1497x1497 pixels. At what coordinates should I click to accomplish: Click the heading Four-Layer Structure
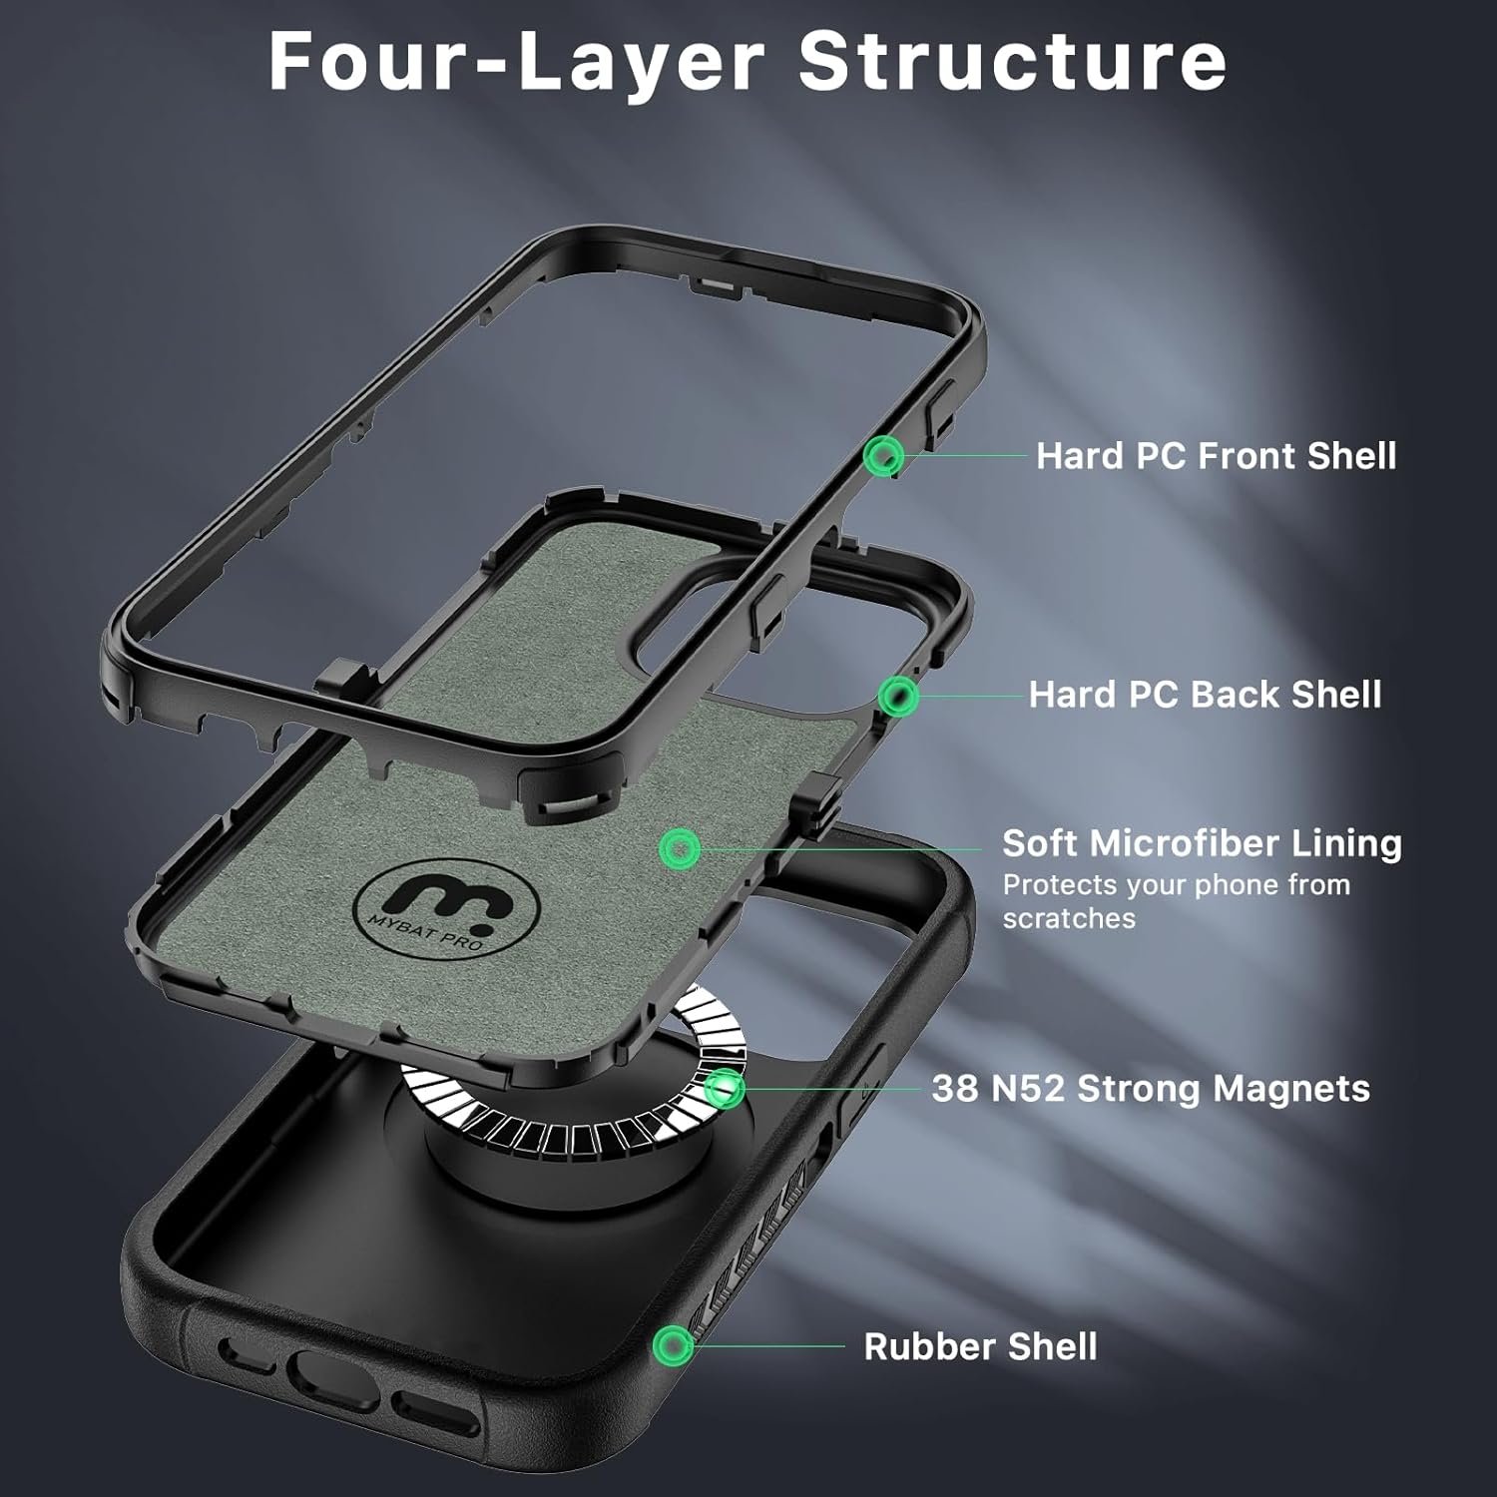pos(748,63)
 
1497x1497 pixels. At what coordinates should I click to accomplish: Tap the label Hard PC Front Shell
pos(1217,456)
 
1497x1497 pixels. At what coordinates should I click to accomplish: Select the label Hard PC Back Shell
pos(1206,695)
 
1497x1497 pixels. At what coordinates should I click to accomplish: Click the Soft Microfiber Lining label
pos(1202,843)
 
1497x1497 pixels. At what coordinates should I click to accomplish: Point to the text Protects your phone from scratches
pos(1177,901)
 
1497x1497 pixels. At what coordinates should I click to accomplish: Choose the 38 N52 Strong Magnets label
pos(1151,1088)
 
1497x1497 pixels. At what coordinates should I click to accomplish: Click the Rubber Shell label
pos(980,1346)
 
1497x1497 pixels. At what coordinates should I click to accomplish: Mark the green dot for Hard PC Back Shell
pos(898,696)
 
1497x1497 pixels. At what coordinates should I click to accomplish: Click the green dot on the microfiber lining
pos(681,848)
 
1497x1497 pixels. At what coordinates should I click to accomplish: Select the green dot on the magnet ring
pos(725,1088)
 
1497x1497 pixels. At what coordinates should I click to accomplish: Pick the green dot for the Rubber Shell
pos(674,1346)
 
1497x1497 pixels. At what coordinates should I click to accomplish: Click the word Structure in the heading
pos(1012,63)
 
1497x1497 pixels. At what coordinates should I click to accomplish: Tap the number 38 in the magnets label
pos(955,1088)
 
